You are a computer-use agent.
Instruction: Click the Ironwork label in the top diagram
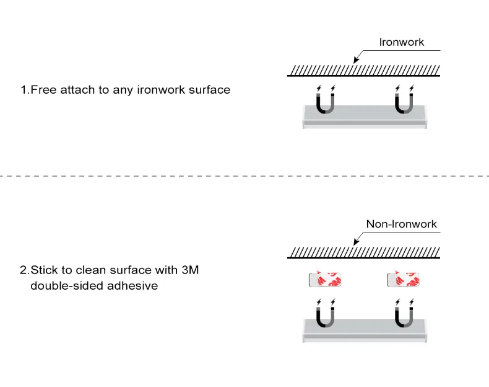pyautogui.click(x=402, y=43)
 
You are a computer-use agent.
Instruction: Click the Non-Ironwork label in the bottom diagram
pyautogui.click(x=401, y=224)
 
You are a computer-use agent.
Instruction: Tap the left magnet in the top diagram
pyautogui.click(x=326, y=102)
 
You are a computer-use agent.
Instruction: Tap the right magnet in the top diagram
pyautogui.click(x=404, y=102)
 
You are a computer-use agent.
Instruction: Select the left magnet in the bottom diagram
pyautogui.click(x=326, y=316)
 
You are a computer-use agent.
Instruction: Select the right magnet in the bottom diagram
pyautogui.click(x=404, y=316)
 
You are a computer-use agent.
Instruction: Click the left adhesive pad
pyautogui.click(x=326, y=280)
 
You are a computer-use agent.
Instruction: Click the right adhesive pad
pyautogui.click(x=403, y=280)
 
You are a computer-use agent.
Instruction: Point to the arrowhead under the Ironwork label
pyautogui.click(x=355, y=61)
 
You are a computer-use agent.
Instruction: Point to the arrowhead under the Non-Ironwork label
pyautogui.click(x=355, y=242)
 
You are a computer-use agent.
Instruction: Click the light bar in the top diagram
pyautogui.click(x=365, y=117)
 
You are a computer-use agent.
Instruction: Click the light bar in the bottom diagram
pyautogui.click(x=365, y=330)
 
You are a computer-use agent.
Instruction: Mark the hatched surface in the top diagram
pyautogui.click(x=364, y=69)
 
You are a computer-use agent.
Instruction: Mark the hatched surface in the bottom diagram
pyautogui.click(x=364, y=252)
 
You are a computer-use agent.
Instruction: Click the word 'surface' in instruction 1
pyautogui.click(x=209, y=90)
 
